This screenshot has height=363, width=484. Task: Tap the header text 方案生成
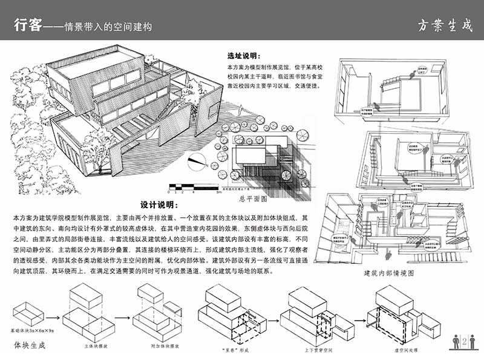pyautogui.click(x=444, y=26)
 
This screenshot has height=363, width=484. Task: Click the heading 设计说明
pyautogui.click(x=159, y=205)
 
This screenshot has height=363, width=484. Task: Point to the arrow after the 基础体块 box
pyautogui.click(x=53, y=317)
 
